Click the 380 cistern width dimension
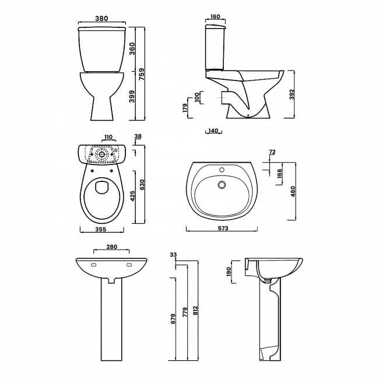pos(101,19)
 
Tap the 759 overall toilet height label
pos(142,74)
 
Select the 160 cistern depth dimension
pos(215,16)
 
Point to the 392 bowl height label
pos(292,94)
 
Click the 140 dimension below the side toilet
pos(213,131)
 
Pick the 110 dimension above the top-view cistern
pos(108,137)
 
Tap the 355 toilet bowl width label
pos(100,229)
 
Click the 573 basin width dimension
pos(223,228)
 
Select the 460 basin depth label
pos(293,191)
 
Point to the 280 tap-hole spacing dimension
pos(112,247)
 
